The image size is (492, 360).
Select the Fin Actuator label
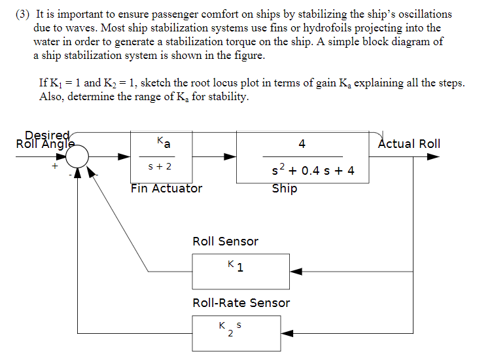coord(166,189)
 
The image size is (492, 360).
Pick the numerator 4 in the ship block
coord(302,144)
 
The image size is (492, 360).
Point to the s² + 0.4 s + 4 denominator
coord(313,171)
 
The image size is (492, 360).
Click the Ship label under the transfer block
coord(285,189)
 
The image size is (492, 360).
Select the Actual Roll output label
coord(409,143)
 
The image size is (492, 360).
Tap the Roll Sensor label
coord(225,242)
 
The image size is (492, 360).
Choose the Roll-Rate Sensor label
coord(241,303)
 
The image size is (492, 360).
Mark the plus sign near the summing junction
coord(56,167)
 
